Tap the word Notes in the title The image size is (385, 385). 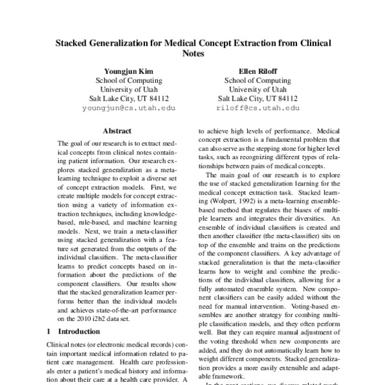(193, 55)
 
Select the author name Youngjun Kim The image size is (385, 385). (128, 71)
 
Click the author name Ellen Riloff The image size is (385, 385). (258, 71)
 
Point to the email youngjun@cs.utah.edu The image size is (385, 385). (128, 109)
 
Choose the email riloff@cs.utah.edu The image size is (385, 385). (258, 109)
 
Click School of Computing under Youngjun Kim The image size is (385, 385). (128, 80)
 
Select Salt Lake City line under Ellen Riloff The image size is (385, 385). (258, 99)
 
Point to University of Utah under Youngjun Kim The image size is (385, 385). (128, 90)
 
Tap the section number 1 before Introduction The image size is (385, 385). (50, 332)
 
